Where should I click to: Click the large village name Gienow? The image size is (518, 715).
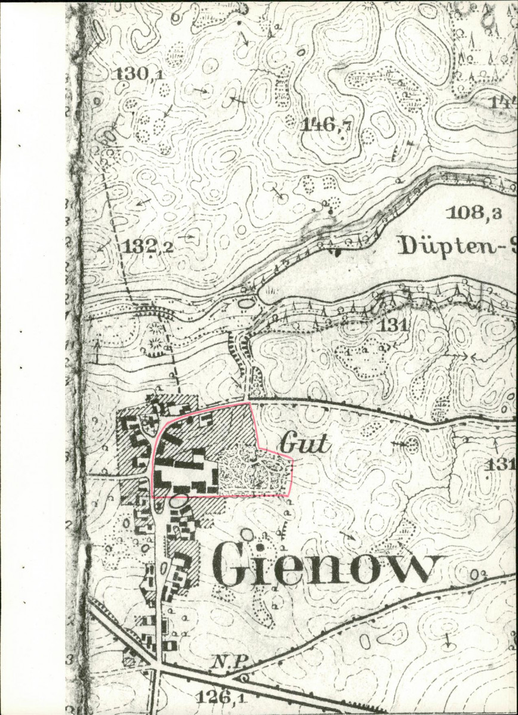click(x=328, y=564)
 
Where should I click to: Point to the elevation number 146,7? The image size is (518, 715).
click(x=326, y=125)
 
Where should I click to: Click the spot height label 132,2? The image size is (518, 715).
click(x=149, y=246)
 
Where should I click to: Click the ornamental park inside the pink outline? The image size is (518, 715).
click(x=254, y=474)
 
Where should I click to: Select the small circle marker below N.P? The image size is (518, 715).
click(x=244, y=677)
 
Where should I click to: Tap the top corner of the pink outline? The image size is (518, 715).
click(x=250, y=403)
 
